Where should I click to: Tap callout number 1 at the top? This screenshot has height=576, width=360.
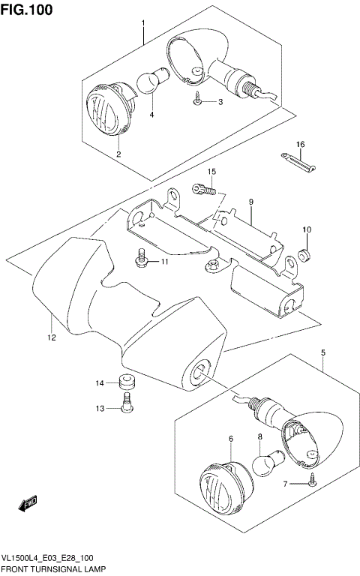[142, 24]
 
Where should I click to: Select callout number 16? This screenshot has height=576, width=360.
[299, 144]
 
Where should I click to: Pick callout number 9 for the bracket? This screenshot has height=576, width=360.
[251, 202]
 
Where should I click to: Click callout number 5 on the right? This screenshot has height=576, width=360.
[323, 351]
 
